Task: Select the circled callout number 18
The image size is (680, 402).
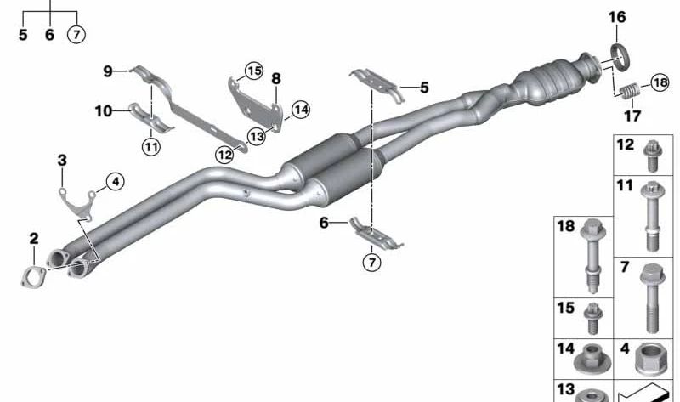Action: pos(660,82)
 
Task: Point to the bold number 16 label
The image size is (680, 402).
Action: pos(617,17)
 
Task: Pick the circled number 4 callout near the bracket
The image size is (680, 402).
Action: pos(115,181)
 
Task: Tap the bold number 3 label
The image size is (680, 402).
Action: pos(62,161)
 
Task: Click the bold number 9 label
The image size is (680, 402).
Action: pos(108,71)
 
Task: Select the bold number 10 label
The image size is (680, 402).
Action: pos(104,111)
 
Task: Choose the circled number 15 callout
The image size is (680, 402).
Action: pos(253,71)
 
